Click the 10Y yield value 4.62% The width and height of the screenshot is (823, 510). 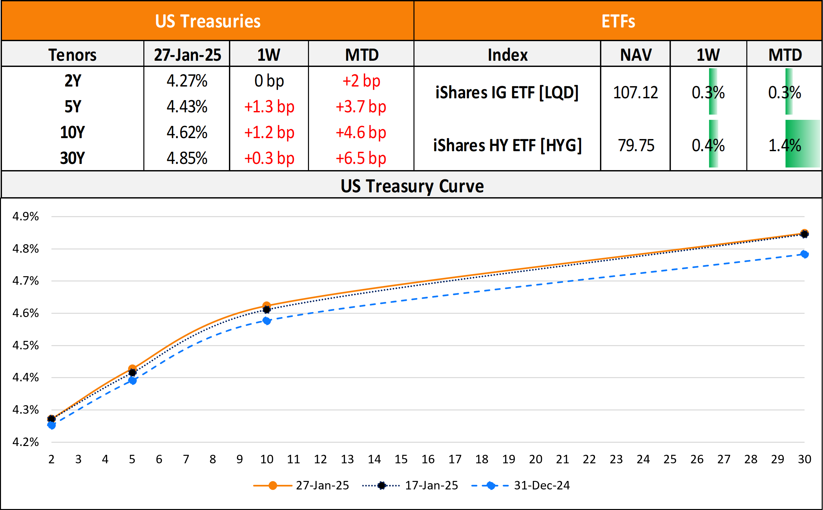click(x=187, y=132)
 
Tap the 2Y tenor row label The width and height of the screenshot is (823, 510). click(x=73, y=81)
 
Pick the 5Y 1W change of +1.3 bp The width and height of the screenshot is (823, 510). click(x=269, y=106)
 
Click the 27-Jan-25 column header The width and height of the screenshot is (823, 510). click(x=187, y=55)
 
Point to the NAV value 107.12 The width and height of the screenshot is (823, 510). click(x=635, y=92)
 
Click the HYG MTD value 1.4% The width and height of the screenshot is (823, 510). click(x=784, y=145)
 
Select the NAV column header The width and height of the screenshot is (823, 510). click(x=636, y=55)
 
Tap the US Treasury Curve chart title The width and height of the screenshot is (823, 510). click(x=412, y=186)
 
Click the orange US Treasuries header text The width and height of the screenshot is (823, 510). click(x=207, y=21)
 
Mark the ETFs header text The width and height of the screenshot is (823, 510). click(x=618, y=21)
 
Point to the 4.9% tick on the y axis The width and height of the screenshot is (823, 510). click(x=25, y=216)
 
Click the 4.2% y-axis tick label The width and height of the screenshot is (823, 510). click(x=25, y=442)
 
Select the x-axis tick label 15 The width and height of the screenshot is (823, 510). click(x=401, y=459)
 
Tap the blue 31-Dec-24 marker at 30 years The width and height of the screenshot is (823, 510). click(x=804, y=254)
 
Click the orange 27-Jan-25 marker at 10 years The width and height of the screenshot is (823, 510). click(x=266, y=306)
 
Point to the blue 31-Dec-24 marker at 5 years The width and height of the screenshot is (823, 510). click(x=133, y=381)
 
